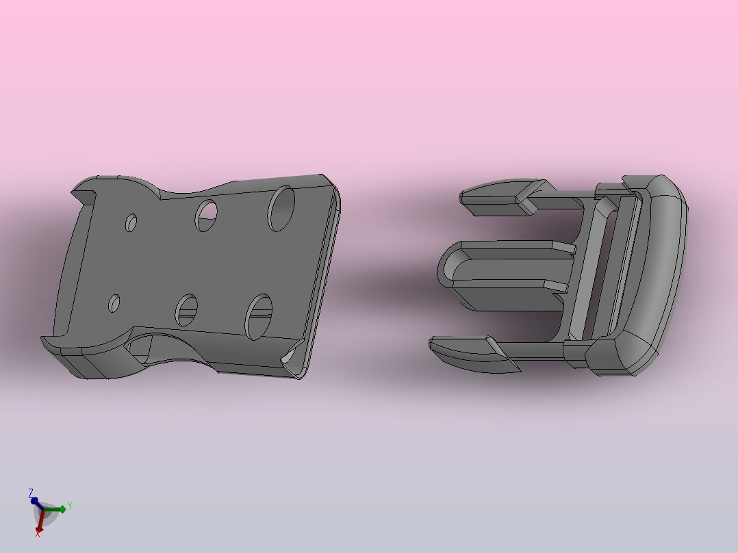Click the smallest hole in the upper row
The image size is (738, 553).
(x=131, y=223)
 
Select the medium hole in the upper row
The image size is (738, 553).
(x=206, y=216)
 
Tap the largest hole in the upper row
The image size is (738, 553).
(x=281, y=209)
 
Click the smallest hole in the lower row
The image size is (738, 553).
(x=114, y=304)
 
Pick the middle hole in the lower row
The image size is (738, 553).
(x=186, y=310)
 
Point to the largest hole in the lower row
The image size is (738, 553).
(x=258, y=317)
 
